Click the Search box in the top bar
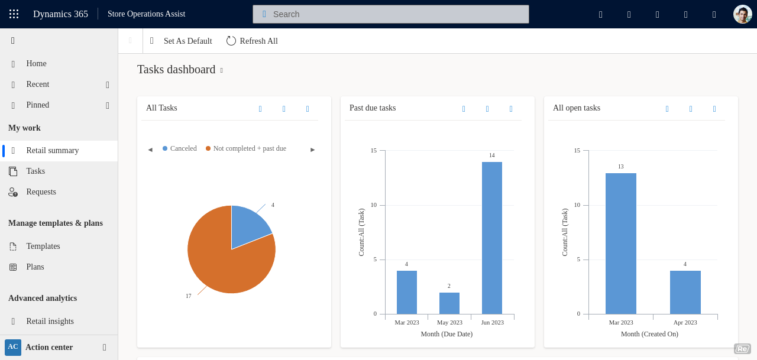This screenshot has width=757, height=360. [x=390, y=14]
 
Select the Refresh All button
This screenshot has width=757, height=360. [x=252, y=41]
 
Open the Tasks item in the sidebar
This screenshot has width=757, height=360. [x=35, y=171]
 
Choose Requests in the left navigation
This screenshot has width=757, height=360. [x=41, y=192]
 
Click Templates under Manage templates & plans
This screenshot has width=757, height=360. [x=43, y=247]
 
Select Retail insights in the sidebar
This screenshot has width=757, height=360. [x=50, y=322]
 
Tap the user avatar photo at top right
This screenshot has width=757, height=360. [x=742, y=14]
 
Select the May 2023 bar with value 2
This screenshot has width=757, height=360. [x=449, y=303]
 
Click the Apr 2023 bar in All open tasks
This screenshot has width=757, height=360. [x=685, y=292]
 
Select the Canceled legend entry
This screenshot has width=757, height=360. [x=180, y=149]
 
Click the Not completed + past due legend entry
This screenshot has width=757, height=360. [x=246, y=149]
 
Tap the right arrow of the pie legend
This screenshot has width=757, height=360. [x=313, y=150]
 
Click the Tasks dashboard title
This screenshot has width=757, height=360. [x=176, y=70]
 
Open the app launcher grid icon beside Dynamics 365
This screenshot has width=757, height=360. [x=14, y=14]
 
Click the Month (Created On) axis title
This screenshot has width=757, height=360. [x=649, y=334]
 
